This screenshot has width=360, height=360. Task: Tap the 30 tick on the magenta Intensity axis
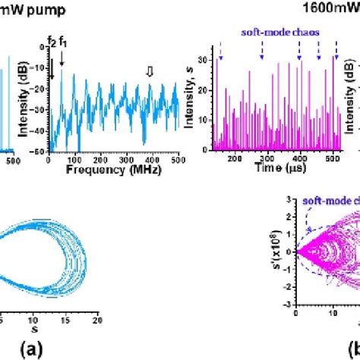(x=206, y=60)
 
